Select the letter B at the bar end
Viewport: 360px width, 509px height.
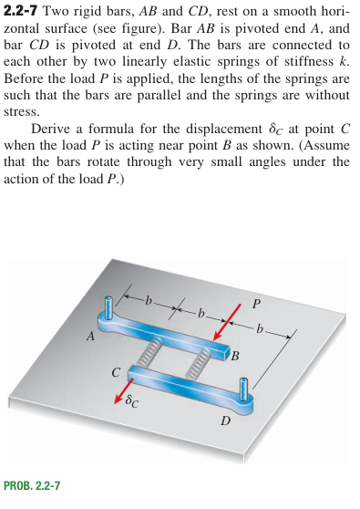pos(235,356)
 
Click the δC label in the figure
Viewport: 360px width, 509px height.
pos(134,400)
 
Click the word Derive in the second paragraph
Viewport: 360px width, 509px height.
pos(54,129)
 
